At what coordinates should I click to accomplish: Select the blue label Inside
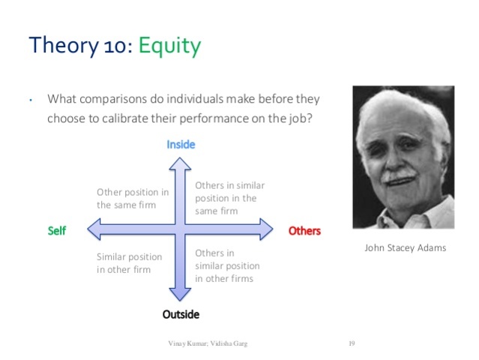point(181,144)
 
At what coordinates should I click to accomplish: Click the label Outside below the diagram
point(181,314)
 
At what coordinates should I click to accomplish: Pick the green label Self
point(57,230)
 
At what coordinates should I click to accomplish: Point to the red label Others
point(304,230)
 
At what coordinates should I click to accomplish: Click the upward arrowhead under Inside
point(181,159)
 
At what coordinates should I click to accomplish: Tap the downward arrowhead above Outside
point(181,298)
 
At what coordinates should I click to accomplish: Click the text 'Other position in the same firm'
point(133,198)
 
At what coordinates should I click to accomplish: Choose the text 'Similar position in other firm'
point(129,262)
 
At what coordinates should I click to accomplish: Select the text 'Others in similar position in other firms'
point(226,265)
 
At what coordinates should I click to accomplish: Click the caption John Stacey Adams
point(405,247)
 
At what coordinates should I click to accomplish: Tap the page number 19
point(351,343)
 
